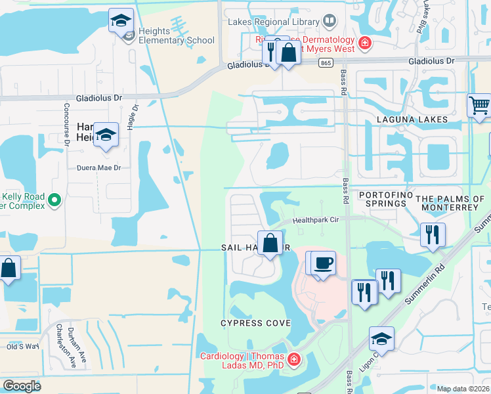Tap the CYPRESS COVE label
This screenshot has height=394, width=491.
pos(255,323)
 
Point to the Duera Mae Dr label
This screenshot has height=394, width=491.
pos(99,167)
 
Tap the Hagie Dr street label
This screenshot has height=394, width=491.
pos(135,118)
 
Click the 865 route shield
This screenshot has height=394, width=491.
pos(326,62)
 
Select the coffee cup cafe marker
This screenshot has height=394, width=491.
pos(322,263)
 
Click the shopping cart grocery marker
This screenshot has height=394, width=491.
pos(479,105)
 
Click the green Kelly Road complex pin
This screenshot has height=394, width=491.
pos(55,198)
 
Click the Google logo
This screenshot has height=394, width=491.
pos(22,386)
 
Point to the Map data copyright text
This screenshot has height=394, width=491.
pos(463,389)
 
